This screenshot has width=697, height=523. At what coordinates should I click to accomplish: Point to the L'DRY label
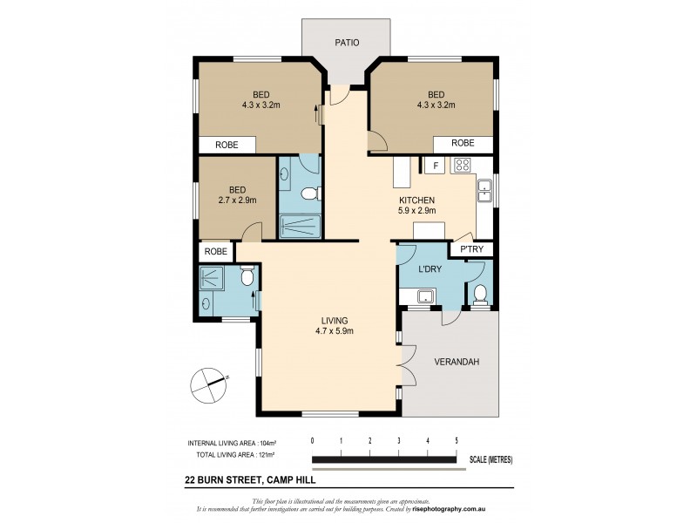[x=430, y=269]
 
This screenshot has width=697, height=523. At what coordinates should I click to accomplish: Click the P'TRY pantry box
[x=471, y=250]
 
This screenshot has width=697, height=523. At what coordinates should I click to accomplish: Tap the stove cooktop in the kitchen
[x=461, y=165]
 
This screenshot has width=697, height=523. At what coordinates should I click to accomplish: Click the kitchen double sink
[x=485, y=189]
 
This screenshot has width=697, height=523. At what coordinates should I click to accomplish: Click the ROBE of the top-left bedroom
[x=227, y=145]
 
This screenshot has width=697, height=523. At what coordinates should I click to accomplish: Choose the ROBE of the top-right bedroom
[x=462, y=143]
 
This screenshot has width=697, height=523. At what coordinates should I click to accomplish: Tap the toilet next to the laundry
[x=478, y=295]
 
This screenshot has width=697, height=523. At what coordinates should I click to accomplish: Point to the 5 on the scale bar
[x=456, y=440]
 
